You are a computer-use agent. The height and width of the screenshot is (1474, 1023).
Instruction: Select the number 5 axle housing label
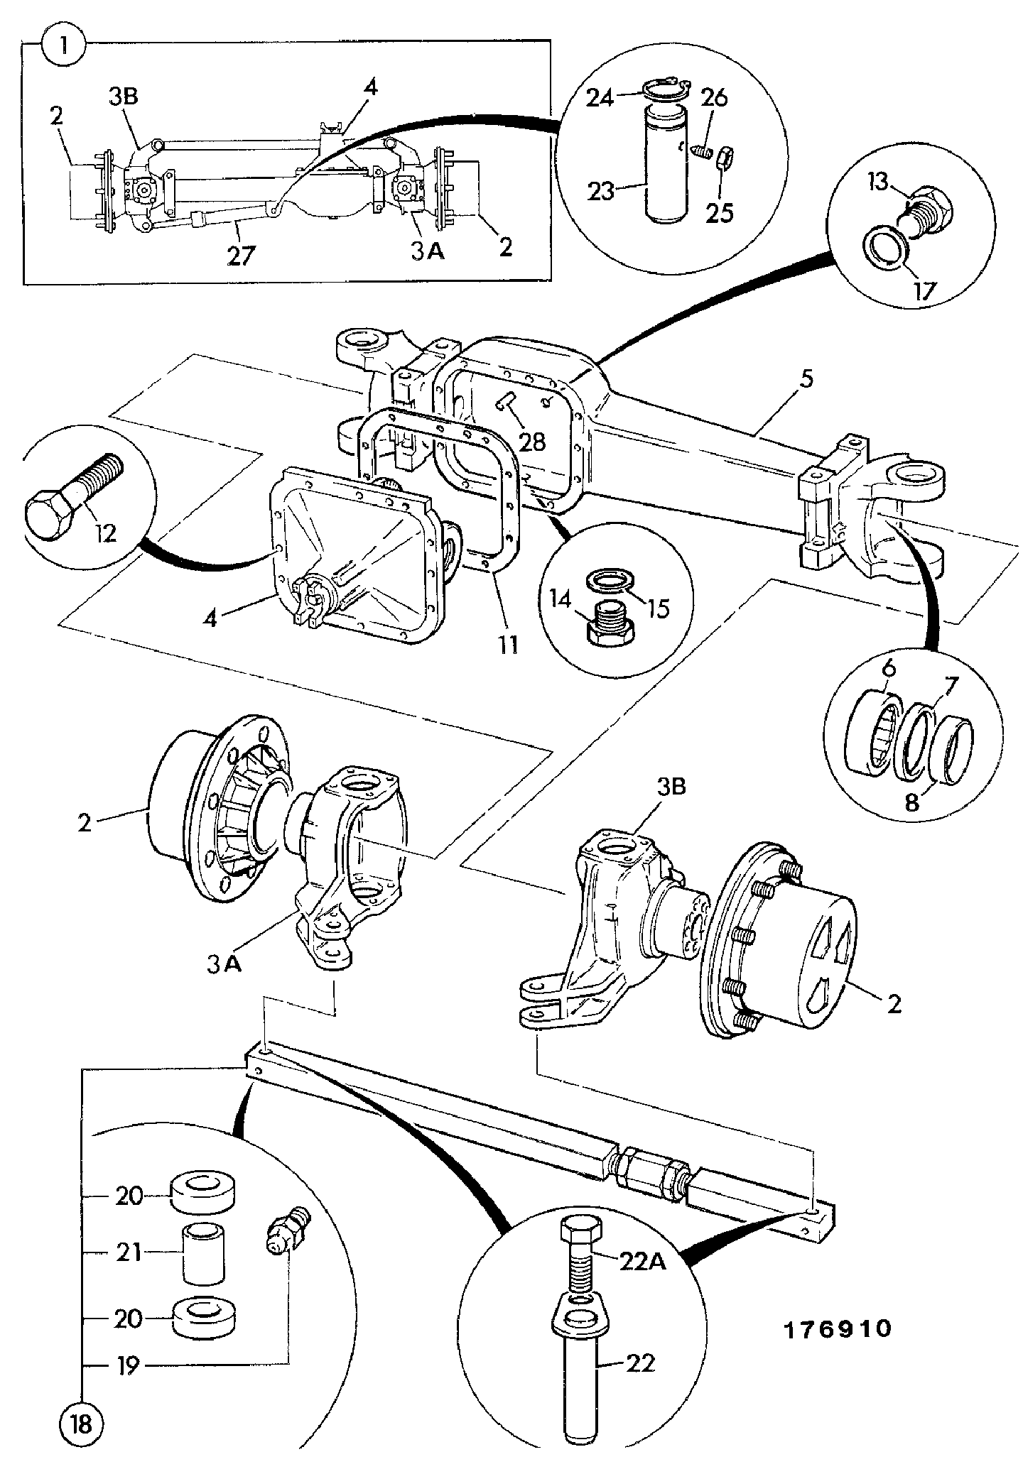coord(805,380)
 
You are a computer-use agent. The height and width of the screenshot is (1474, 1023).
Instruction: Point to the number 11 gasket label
coord(507,645)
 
